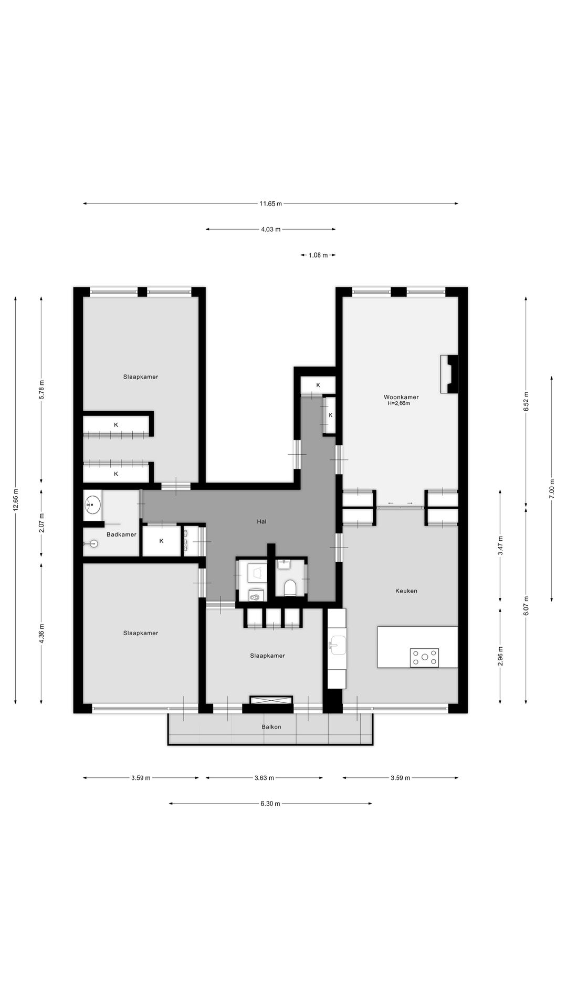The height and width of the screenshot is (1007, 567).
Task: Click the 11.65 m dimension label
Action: pyautogui.click(x=270, y=203)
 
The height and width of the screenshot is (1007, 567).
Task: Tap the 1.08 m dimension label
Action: pyautogui.click(x=318, y=255)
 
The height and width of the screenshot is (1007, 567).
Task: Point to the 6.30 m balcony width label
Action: pyautogui.click(x=270, y=804)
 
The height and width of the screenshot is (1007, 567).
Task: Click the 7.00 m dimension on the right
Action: pyautogui.click(x=551, y=488)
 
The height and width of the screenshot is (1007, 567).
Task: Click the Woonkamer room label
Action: pyautogui.click(x=401, y=397)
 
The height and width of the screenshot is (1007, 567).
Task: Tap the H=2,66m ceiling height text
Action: pyautogui.click(x=398, y=403)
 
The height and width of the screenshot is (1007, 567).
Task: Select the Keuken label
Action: pyautogui.click(x=406, y=591)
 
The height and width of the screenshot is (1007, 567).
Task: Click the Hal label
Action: pyautogui.click(x=261, y=521)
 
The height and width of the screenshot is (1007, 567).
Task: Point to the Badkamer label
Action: pyautogui.click(x=121, y=534)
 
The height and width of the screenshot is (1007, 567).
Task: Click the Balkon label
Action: pyautogui.click(x=271, y=727)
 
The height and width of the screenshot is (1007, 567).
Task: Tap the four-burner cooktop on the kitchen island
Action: pyautogui.click(x=424, y=657)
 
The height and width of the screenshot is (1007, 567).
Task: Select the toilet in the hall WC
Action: pyautogui.click(x=289, y=587)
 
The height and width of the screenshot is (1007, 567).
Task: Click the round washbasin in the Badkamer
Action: pyautogui.click(x=92, y=506)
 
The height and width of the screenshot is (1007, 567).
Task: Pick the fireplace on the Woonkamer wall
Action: pyautogui.click(x=449, y=374)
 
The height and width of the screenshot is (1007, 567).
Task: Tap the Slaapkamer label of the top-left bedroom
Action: pyautogui.click(x=141, y=377)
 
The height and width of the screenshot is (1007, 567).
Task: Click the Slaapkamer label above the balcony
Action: pyautogui.click(x=267, y=656)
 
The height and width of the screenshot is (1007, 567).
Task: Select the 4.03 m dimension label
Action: pyautogui.click(x=270, y=229)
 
